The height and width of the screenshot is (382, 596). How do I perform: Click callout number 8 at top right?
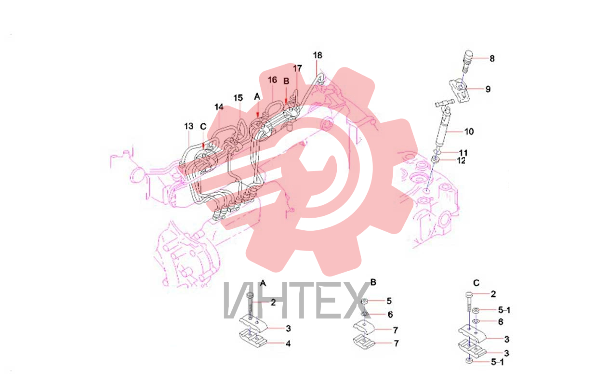(x=492, y=58)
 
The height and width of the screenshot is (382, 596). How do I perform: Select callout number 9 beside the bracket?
(x=488, y=89)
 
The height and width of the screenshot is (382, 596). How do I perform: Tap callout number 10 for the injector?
(x=469, y=132)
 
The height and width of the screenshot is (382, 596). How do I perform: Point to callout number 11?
(x=463, y=153)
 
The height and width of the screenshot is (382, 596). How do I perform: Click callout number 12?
(x=461, y=160)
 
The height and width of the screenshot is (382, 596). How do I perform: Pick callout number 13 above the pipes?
(x=189, y=126)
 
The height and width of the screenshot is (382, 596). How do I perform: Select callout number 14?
(x=219, y=107)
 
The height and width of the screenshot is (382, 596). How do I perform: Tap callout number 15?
(x=238, y=98)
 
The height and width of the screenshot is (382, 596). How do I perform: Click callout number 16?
(x=272, y=80)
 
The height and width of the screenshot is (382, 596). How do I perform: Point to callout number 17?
(x=297, y=68)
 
